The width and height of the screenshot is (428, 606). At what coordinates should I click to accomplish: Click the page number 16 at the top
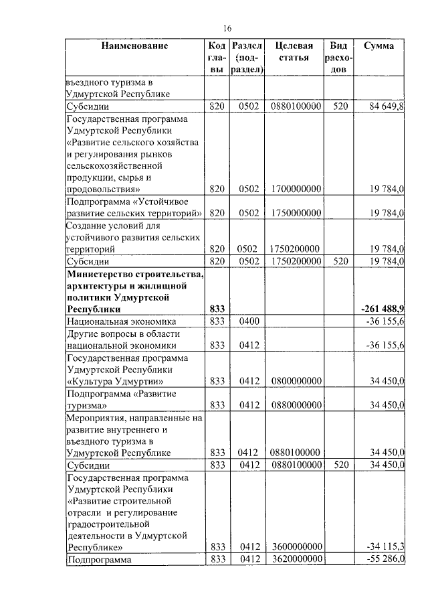(x=227, y=28)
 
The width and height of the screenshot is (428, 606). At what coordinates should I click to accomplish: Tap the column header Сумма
(x=379, y=46)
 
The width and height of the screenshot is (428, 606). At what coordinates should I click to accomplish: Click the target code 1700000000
(x=297, y=190)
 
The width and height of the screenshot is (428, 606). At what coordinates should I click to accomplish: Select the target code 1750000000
(x=297, y=213)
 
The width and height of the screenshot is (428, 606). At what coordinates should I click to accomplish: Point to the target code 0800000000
(x=297, y=381)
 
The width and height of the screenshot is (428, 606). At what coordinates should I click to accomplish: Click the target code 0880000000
(x=297, y=405)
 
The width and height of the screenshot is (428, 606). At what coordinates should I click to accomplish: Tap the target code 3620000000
(x=297, y=559)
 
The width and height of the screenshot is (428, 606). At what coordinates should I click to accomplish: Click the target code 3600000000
(x=297, y=547)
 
